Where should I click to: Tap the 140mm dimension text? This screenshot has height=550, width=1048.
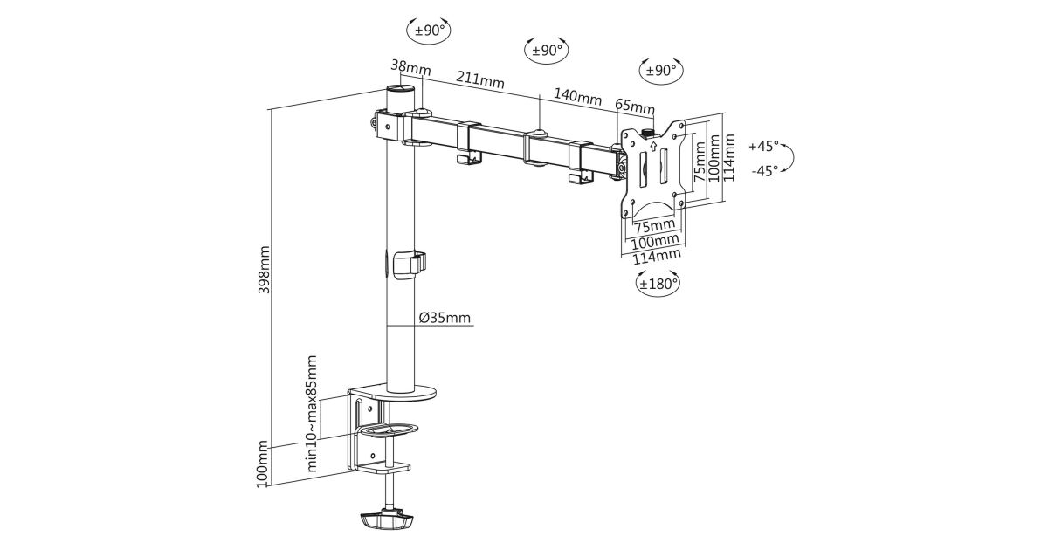click(x=577, y=97)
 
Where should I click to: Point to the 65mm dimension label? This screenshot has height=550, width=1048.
click(x=634, y=107)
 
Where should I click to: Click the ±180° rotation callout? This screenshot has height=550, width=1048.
click(x=658, y=283)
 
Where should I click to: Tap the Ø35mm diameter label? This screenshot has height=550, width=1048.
click(x=445, y=318)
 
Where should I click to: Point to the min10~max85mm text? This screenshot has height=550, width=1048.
click(x=311, y=413)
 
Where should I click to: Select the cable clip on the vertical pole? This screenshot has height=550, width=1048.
click(x=410, y=264)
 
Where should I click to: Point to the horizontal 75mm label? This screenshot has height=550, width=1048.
click(x=651, y=226)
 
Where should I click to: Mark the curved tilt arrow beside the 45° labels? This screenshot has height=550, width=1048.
click(x=789, y=158)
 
